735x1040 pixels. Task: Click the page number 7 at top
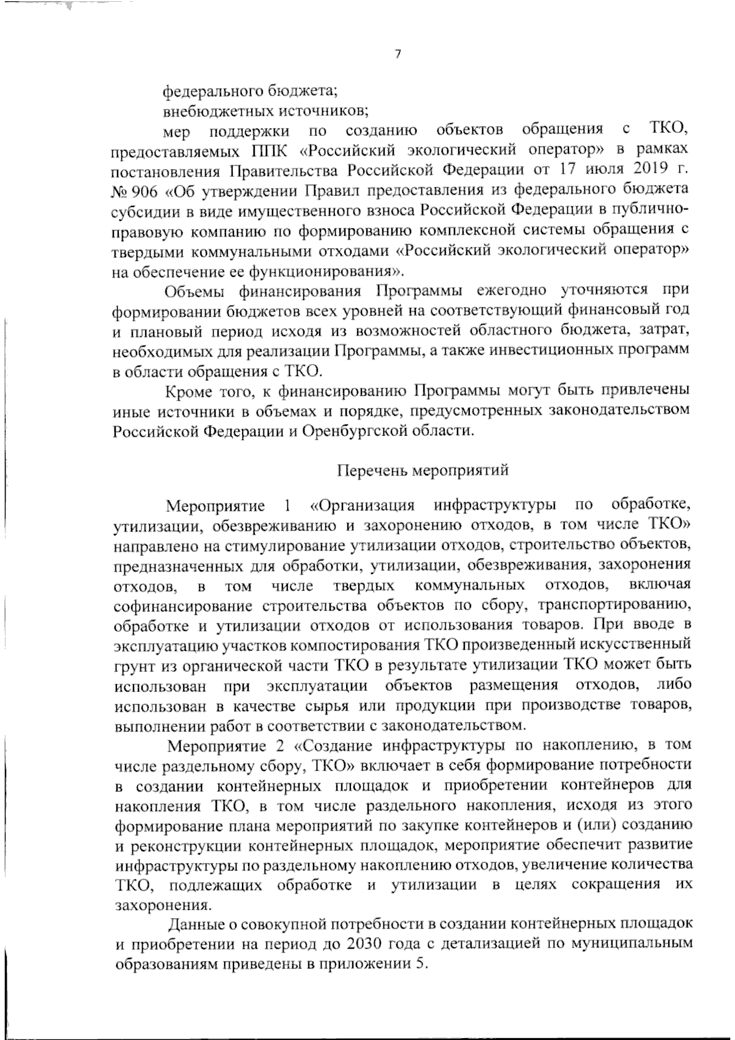pyautogui.click(x=397, y=55)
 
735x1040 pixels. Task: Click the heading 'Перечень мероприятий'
pyautogui.click(x=423, y=471)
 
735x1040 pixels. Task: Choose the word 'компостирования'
pyautogui.click(x=356, y=646)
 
